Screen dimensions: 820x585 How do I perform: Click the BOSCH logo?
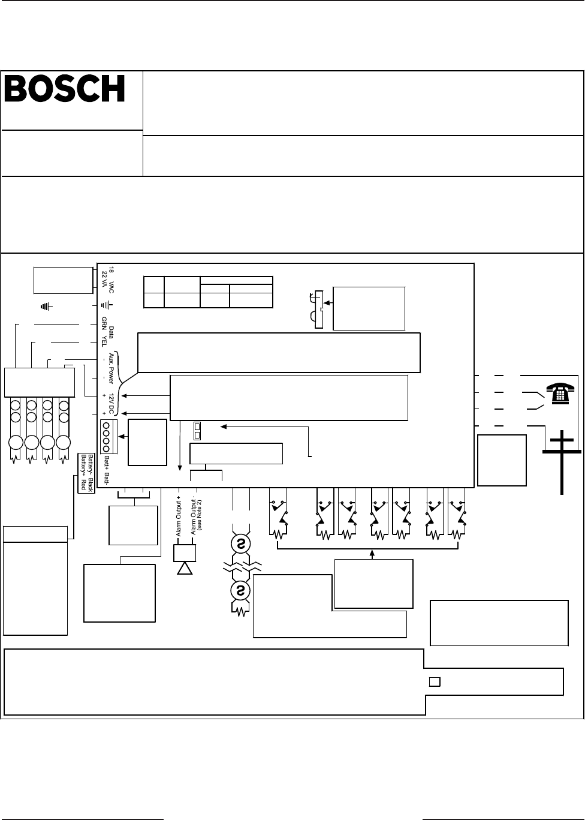[65, 89]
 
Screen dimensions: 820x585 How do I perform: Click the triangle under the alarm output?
[184, 567]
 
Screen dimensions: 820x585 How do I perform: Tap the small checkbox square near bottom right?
[435, 681]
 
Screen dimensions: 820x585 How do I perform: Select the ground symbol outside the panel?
[46, 307]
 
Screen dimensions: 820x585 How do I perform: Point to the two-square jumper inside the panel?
[196, 429]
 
